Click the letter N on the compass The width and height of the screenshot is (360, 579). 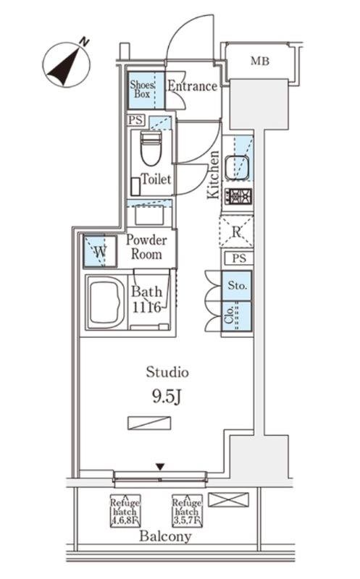85,42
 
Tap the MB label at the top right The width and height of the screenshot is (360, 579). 260,61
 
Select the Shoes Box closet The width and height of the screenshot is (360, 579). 146,90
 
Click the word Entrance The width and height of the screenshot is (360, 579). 192,86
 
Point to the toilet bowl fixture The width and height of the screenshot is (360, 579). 151,148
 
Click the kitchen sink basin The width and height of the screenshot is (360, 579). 237,168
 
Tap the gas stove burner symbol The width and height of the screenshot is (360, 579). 238,196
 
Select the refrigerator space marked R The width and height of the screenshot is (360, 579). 236,232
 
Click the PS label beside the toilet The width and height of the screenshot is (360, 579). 136,120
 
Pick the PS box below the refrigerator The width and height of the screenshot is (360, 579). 238,258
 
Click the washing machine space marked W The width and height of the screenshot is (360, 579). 100,251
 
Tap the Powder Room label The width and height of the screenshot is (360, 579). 146,247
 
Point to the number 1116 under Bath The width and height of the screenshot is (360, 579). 146,307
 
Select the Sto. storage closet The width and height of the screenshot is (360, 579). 237,285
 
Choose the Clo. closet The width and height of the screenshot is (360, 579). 237,316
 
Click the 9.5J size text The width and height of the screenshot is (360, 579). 166,397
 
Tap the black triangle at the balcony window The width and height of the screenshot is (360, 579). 159,467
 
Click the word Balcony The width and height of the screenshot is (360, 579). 165,536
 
